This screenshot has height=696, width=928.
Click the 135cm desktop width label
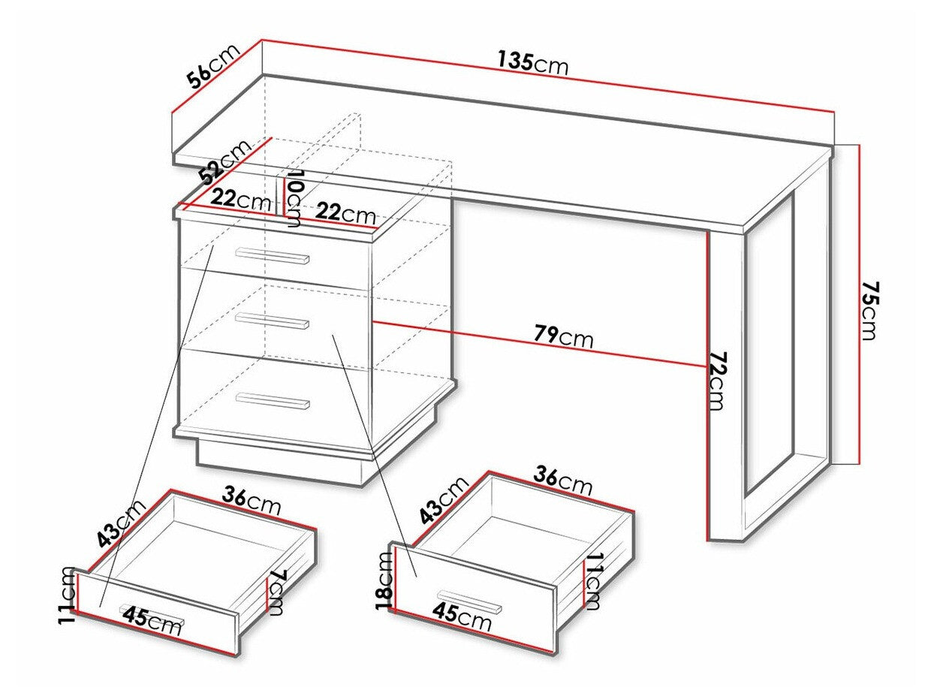point(532,62)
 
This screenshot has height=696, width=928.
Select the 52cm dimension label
point(226,162)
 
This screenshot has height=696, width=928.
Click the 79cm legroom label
point(563,337)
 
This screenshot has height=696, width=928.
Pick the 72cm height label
point(716,381)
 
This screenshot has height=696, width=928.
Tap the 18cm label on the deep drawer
point(384,579)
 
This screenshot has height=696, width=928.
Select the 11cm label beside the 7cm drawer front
point(68,595)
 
